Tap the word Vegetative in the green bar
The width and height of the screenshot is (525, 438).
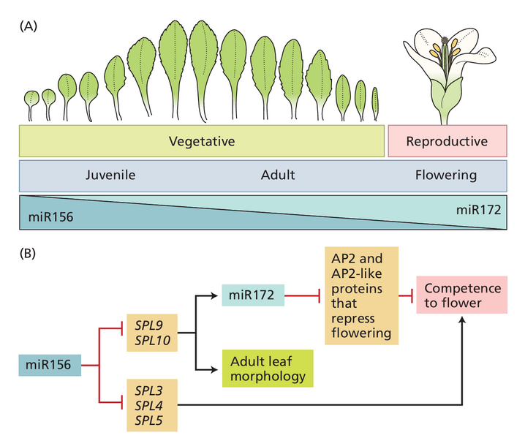click(201, 140)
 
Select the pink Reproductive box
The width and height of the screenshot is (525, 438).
click(446, 140)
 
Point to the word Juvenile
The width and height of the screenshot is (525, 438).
click(110, 175)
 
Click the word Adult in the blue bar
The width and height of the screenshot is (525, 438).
click(277, 175)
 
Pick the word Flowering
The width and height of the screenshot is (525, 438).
click(445, 175)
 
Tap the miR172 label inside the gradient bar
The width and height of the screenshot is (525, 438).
click(479, 209)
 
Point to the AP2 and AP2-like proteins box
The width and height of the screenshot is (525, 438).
click(361, 297)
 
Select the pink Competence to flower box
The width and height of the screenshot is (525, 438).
click(461, 295)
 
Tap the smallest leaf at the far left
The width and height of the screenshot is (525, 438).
click(31, 103)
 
